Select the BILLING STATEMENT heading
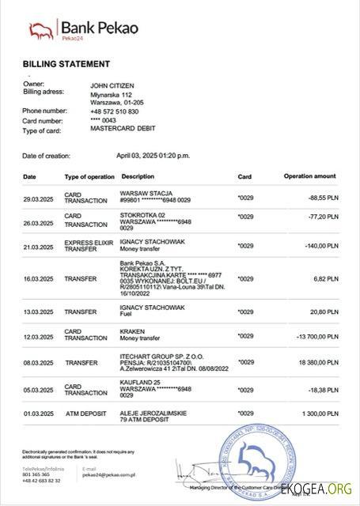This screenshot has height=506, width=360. click(66, 63)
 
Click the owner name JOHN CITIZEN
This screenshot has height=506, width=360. click(113, 84)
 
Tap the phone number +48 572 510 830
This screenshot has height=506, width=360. click(115, 111)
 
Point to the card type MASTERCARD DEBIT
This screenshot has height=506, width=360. click(123, 128)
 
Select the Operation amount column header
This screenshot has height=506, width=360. click(309, 176)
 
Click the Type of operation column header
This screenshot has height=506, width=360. click(89, 176)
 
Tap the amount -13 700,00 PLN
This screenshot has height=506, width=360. click(316, 338)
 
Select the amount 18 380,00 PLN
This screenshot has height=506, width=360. click(318, 364)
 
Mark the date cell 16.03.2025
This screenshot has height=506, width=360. click(39, 279)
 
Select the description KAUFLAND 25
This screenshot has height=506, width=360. click(140, 383)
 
